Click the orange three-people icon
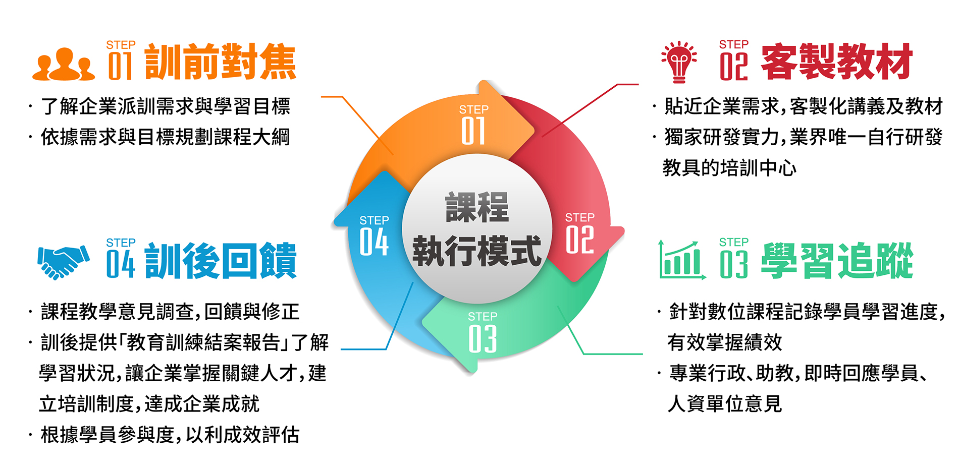[64, 64]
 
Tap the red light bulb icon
[679, 62]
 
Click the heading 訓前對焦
[221, 62]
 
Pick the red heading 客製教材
[837, 62]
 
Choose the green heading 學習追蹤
[837, 261]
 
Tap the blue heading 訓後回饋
[221, 261]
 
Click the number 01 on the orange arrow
[473, 131]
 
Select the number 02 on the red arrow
[579, 240]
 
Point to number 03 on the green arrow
[483, 339]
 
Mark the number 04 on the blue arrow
[374, 242]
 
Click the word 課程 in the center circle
[477, 207]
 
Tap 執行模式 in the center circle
[477, 251]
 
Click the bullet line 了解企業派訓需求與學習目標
[166, 106]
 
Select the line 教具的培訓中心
[729, 168]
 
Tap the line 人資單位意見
[725, 404]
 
